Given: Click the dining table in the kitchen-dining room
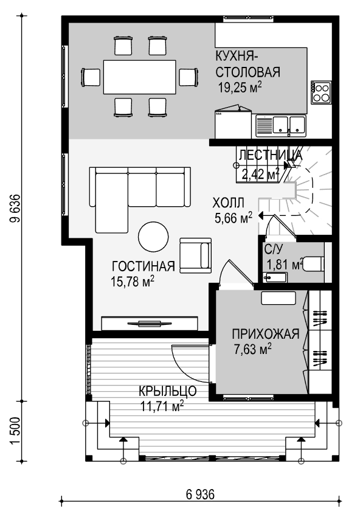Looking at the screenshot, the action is coord(139,77).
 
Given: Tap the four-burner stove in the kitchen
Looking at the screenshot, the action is coord(321,92).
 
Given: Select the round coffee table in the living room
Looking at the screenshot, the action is coord(153,237).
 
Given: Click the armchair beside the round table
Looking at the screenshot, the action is coord(195,255).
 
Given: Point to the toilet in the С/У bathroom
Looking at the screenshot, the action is coord(314,264).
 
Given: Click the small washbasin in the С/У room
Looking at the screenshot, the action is coord(275,277).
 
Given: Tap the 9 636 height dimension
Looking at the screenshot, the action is coord(15,209).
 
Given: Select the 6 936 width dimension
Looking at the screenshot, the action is coord(201,494).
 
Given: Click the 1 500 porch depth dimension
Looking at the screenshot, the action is coord(15,431).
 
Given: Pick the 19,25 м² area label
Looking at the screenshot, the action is coord(240,88).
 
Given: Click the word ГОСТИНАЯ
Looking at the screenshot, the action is coord(144,266).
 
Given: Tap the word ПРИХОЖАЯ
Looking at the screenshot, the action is coord(266,334).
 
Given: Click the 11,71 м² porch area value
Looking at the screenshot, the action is coord(162,406).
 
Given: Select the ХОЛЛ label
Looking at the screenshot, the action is coord(229,203).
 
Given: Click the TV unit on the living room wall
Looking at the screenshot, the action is coord(150,323).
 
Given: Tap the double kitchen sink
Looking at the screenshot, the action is coord(281,126).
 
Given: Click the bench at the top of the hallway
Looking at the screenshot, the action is coord(279,298).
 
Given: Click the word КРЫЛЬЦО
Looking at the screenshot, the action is coord(167,391).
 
